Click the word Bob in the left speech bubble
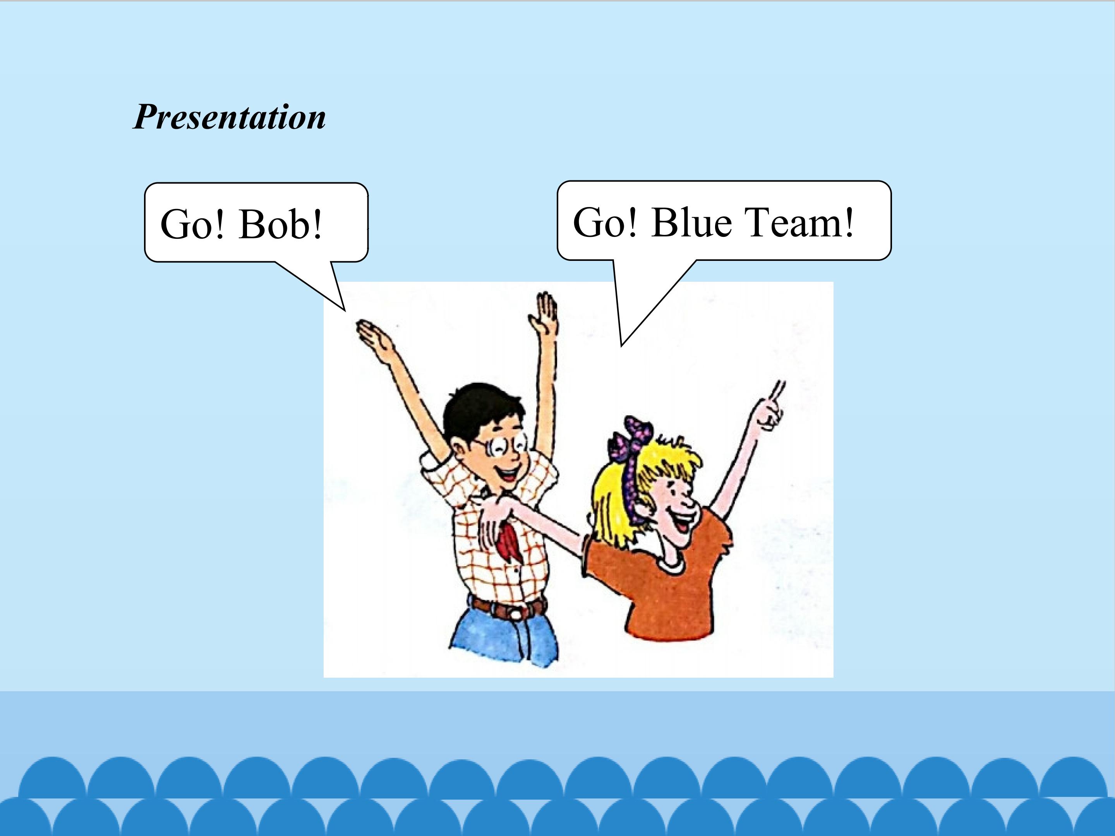coord(280,224)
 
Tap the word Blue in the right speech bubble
coord(691,222)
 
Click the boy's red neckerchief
coord(510,542)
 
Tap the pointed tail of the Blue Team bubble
coord(621,345)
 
